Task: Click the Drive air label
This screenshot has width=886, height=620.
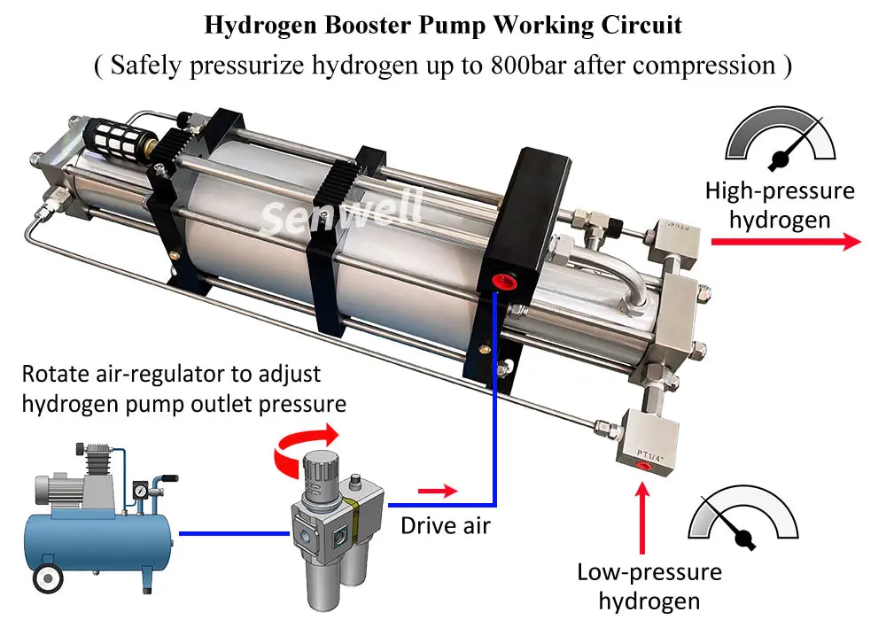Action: (446, 525)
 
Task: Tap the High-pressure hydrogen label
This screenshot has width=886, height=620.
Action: (780, 204)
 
